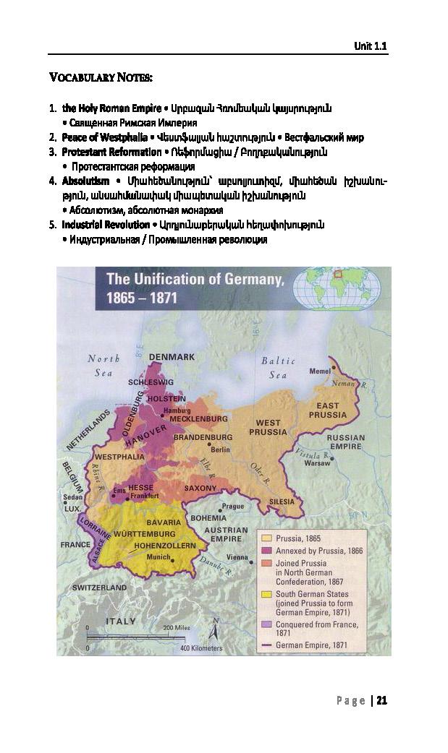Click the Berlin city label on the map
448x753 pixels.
click(220, 449)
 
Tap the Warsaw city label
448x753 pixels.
click(317, 463)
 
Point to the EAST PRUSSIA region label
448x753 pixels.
click(327, 410)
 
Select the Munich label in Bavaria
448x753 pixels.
click(159, 557)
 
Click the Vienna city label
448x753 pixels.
click(237, 557)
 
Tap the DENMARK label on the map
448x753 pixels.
click(172, 357)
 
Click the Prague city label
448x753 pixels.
click(232, 506)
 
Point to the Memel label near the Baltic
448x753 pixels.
click(319, 371)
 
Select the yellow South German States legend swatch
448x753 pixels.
click(266, 594)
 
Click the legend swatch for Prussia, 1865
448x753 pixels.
click(266, 538)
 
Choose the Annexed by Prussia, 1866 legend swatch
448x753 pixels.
click(266, 551)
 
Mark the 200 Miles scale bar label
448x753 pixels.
click(177, 627)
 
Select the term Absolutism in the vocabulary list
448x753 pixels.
click(85, 181)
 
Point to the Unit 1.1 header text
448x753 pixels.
click(371, 46)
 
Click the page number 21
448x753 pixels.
click(382, 700)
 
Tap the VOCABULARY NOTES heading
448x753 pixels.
click(101, 77)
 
